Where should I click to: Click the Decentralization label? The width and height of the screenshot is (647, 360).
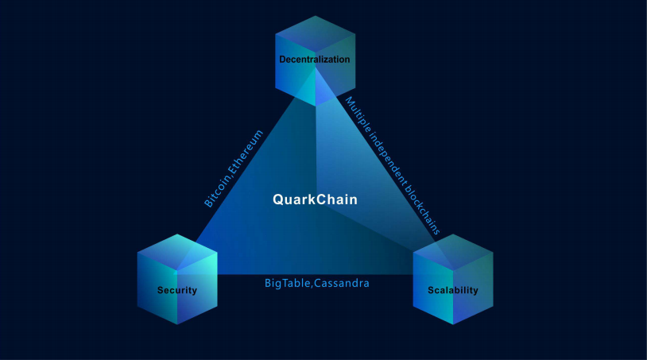315,60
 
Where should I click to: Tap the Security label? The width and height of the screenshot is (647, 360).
177,290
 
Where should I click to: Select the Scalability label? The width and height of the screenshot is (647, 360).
452,290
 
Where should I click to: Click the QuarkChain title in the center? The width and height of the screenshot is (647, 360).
315,199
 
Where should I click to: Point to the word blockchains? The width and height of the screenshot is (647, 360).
423,208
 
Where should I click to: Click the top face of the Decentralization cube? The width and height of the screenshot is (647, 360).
316,34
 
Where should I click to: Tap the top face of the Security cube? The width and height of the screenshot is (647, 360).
177,253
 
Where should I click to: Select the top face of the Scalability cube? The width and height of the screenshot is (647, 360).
453,253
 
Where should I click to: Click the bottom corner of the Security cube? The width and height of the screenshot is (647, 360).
177,324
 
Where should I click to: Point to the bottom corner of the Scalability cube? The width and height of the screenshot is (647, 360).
453,324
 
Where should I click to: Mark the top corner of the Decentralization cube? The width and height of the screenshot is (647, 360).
316,16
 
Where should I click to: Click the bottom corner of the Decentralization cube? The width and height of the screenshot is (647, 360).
316,106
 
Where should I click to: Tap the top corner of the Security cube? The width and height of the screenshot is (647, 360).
177,234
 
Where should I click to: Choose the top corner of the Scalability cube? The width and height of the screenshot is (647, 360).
453,234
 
